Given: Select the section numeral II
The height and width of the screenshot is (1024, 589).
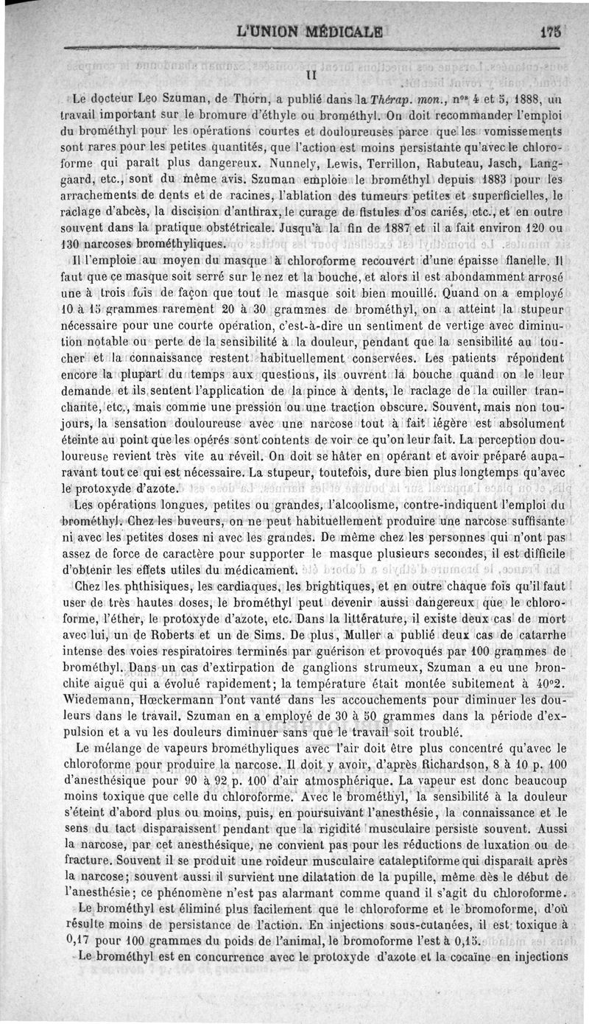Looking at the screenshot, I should click(310, 74).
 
